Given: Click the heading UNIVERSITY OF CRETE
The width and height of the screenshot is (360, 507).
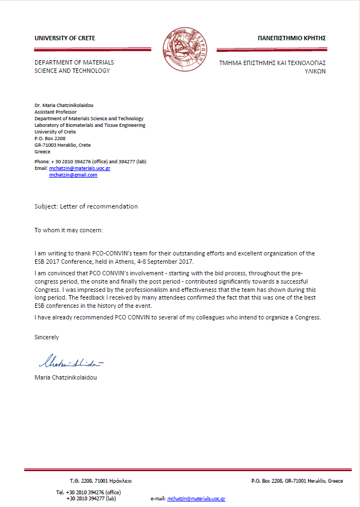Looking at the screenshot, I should click(x=65, y=38).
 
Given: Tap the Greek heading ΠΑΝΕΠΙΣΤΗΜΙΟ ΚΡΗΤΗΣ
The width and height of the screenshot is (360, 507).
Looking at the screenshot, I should click(x=292, y=38).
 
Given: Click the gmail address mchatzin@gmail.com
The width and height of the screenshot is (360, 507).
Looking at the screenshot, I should click(x=73, y=175).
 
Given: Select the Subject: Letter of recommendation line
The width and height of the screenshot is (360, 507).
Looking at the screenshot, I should click(x=86, y=206).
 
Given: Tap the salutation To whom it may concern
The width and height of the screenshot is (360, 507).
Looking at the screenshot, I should click(x=68, y=230).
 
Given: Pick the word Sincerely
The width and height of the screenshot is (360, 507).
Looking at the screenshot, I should click(x=46, y=337).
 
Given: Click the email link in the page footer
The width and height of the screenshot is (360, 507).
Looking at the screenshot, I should click(x=196, y=498).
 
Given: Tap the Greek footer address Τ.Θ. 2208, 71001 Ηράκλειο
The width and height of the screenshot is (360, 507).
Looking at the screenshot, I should click(x=100, y=481).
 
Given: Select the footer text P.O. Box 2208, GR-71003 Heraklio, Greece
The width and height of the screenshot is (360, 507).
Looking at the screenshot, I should click(x=297, y=481).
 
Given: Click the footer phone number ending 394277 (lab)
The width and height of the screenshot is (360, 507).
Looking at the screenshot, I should click(x=91, y=498).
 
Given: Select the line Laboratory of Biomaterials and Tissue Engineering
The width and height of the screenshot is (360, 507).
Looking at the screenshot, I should click(x=90, y=125).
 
